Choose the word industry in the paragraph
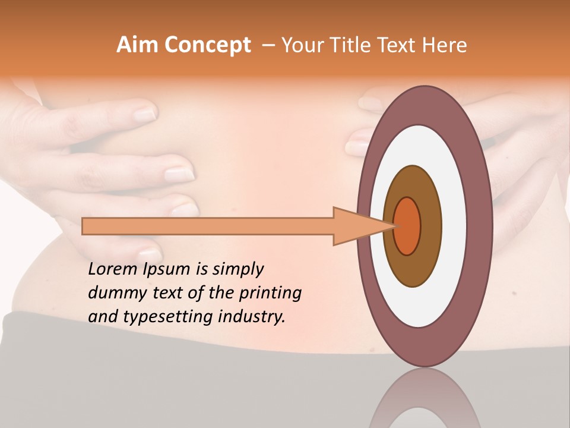252,317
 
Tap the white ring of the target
454,226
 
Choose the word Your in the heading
302,45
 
